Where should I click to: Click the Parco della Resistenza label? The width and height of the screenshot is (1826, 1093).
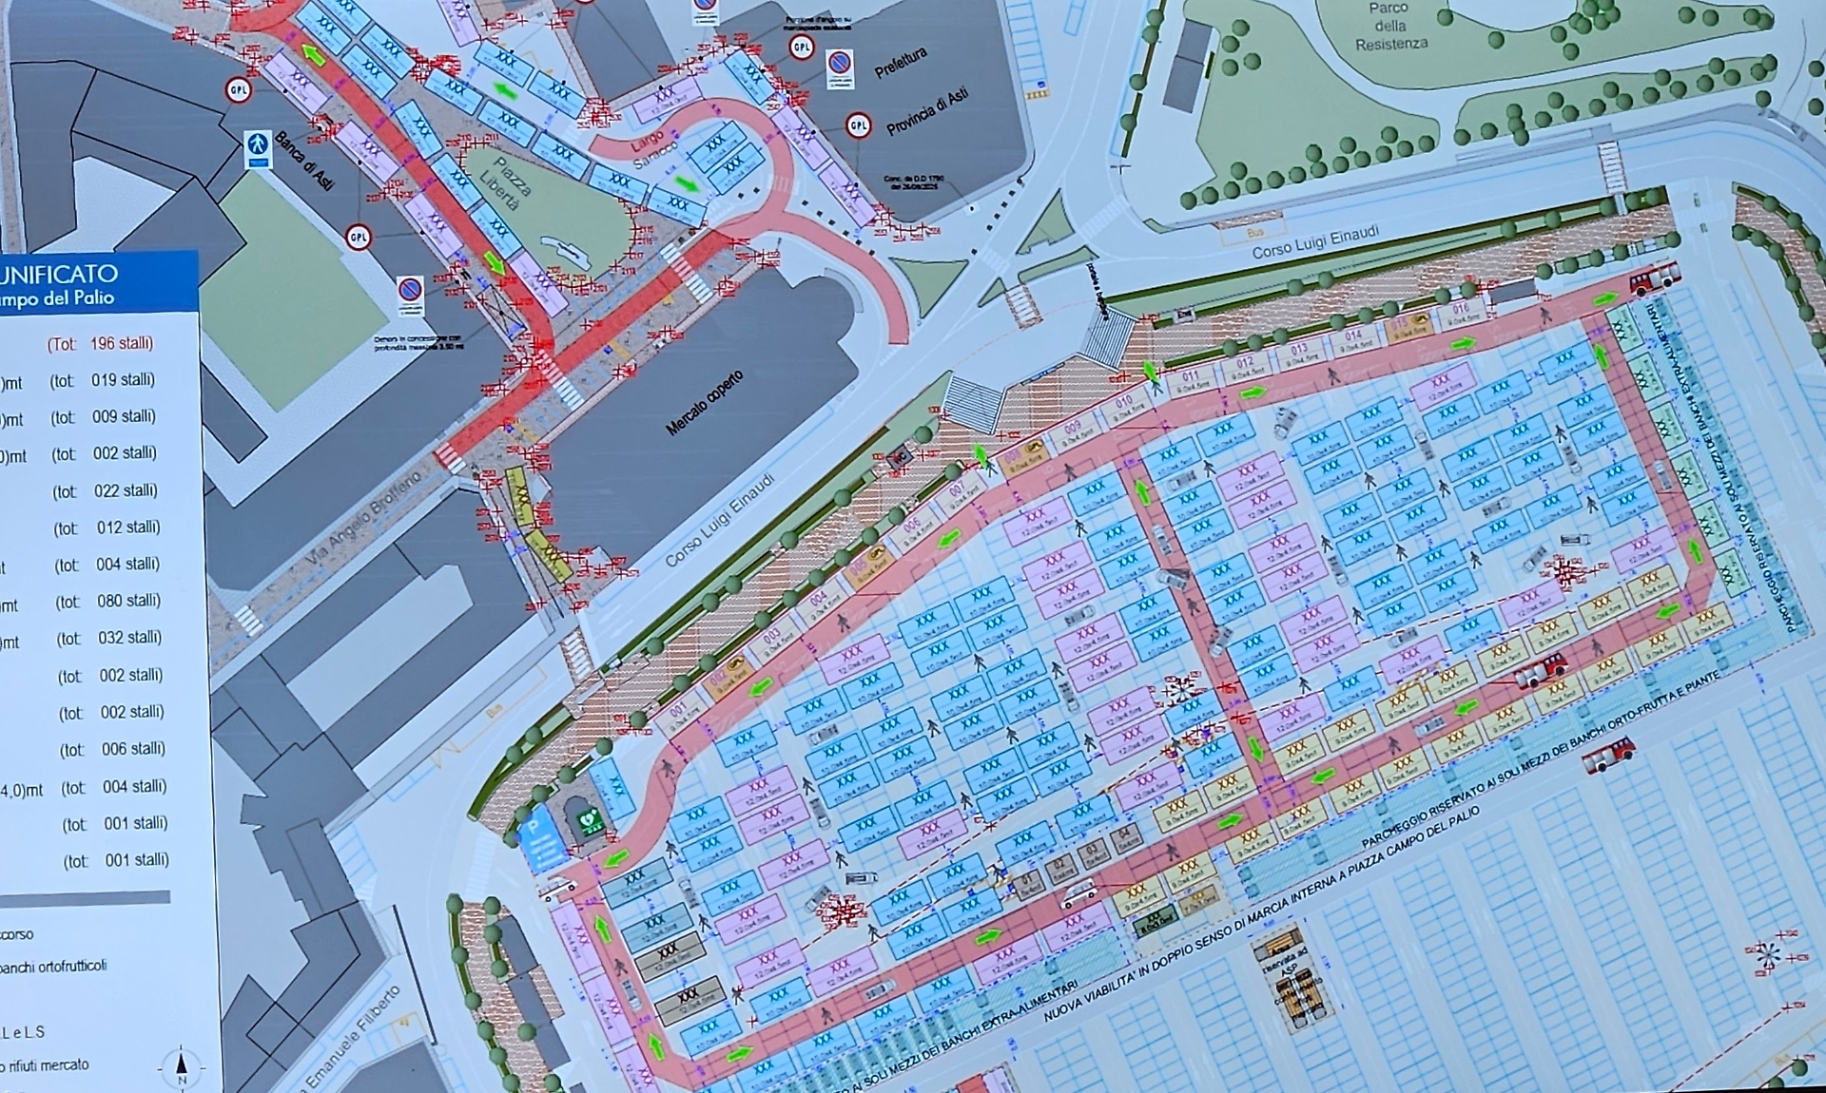point(1390,26)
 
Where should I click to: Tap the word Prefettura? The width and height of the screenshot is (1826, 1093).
point(900,64)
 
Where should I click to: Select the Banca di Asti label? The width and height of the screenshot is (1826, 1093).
point(304,162)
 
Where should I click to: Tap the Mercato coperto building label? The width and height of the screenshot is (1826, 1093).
point(705,403)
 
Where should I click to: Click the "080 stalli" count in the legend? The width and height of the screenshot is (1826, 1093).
point(127,601)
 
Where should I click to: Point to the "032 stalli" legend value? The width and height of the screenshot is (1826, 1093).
point(129,638)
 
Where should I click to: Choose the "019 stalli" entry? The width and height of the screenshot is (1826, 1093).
point(123,380)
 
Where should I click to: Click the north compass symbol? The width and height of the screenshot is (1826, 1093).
point(182,1066)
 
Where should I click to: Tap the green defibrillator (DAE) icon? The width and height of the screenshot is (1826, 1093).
point(589,819)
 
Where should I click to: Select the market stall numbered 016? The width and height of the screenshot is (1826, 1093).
point(1460,313)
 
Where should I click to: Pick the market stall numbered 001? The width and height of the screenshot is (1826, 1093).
point(679,713)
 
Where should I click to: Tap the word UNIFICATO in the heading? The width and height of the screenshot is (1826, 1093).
point(59,274)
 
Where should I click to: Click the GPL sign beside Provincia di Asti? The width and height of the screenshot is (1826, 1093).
point(858,126)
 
